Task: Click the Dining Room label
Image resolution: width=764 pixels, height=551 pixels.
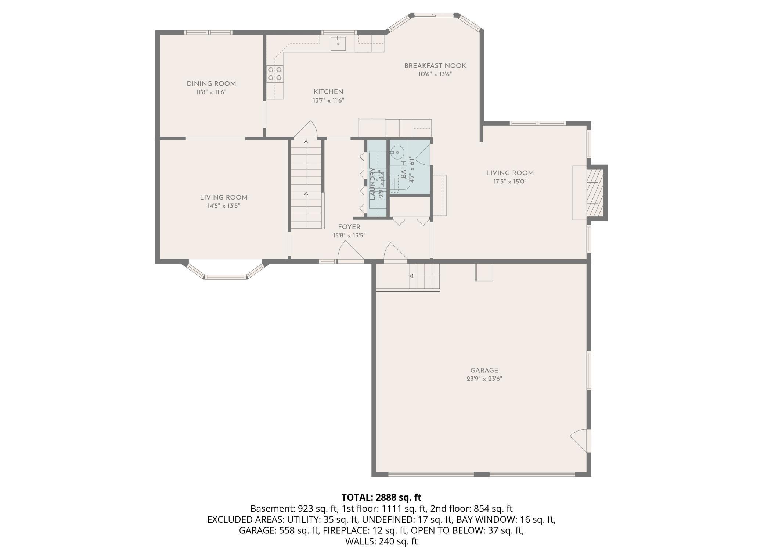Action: point(211,84)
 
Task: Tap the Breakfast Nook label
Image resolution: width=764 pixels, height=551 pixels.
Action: point(435,66)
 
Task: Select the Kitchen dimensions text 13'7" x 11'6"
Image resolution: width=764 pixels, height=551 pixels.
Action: point(328,100)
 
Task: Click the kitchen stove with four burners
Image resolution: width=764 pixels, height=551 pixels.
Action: point(275,74)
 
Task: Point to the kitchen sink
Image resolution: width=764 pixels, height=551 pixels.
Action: point(338,44)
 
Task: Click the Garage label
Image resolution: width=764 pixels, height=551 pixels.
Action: point(484,371)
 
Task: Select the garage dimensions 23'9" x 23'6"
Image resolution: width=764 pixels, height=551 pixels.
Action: point(484,379)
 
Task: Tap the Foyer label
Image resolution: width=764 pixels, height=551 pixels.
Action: point(349,227)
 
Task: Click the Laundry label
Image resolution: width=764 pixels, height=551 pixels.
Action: point(372,184)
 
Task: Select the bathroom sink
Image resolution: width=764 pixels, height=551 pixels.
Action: point(397,151)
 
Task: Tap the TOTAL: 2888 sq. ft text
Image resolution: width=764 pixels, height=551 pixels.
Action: point(381,497)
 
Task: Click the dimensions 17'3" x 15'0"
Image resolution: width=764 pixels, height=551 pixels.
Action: point(510,182)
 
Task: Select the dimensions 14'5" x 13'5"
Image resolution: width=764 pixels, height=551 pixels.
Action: point(224,206)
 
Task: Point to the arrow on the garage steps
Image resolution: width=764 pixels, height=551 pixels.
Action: point(425,276)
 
